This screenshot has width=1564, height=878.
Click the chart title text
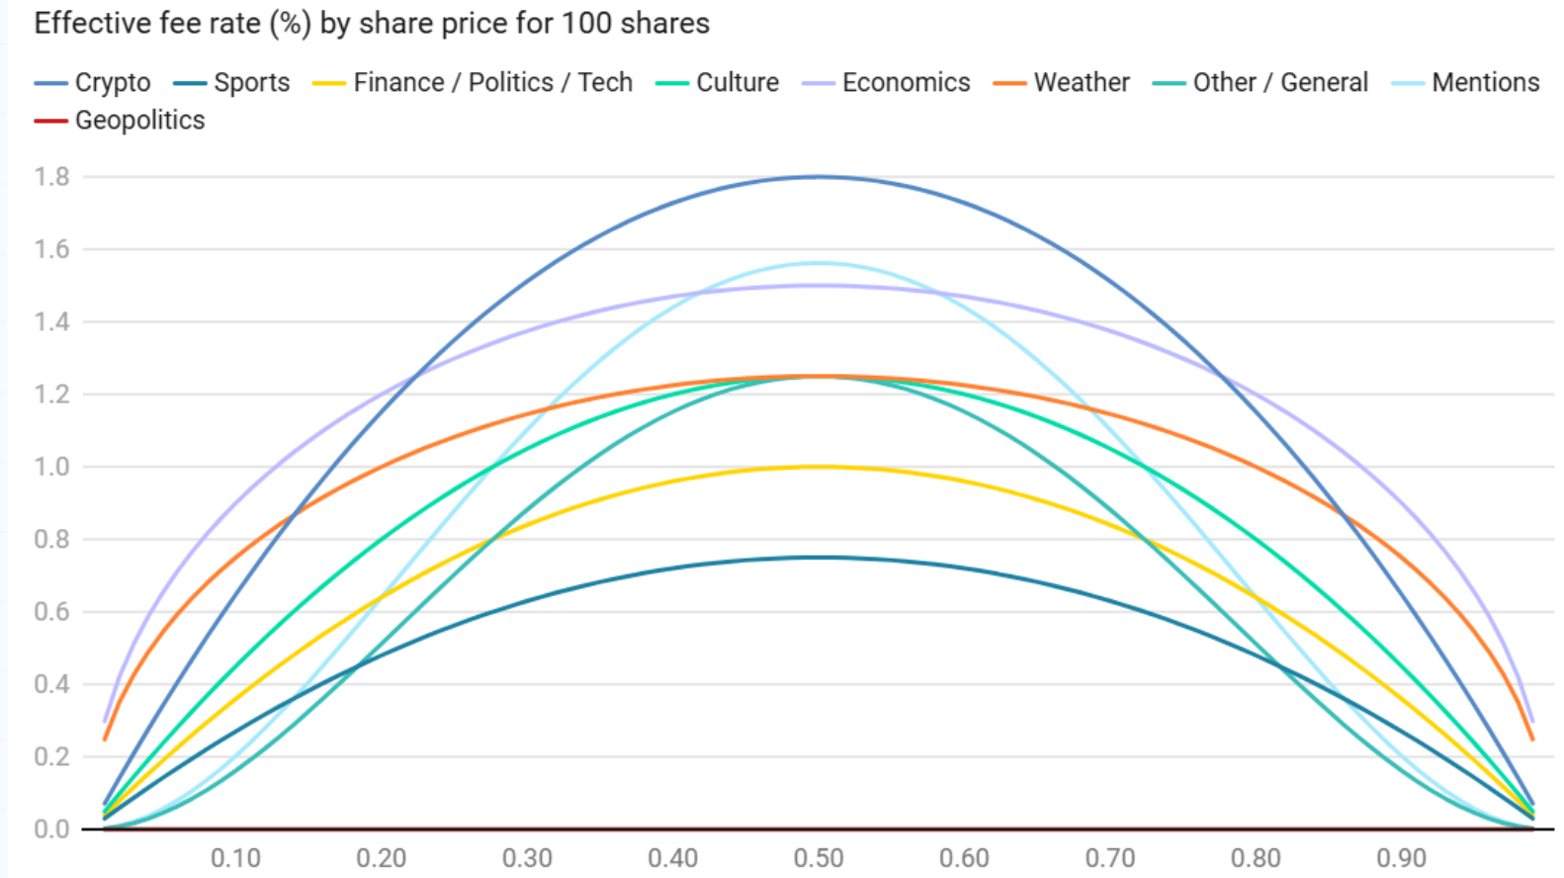coord(372,23)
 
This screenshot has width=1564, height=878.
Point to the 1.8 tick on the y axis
coord(51,177)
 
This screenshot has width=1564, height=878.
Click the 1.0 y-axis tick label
coord(51,467)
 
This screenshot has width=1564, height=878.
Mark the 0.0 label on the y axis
coord(51,829)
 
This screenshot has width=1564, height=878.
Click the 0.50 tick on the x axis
coord(819,857)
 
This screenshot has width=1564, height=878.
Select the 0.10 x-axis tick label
coord(235,857)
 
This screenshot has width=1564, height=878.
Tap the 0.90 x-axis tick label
coord(1401,857)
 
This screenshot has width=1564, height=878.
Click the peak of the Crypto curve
coord(819,177)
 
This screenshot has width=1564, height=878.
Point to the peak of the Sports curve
coord(819,558)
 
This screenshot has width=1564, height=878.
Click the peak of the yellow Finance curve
coord(819,467)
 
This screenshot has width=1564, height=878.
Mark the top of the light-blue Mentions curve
coord(819,263)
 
